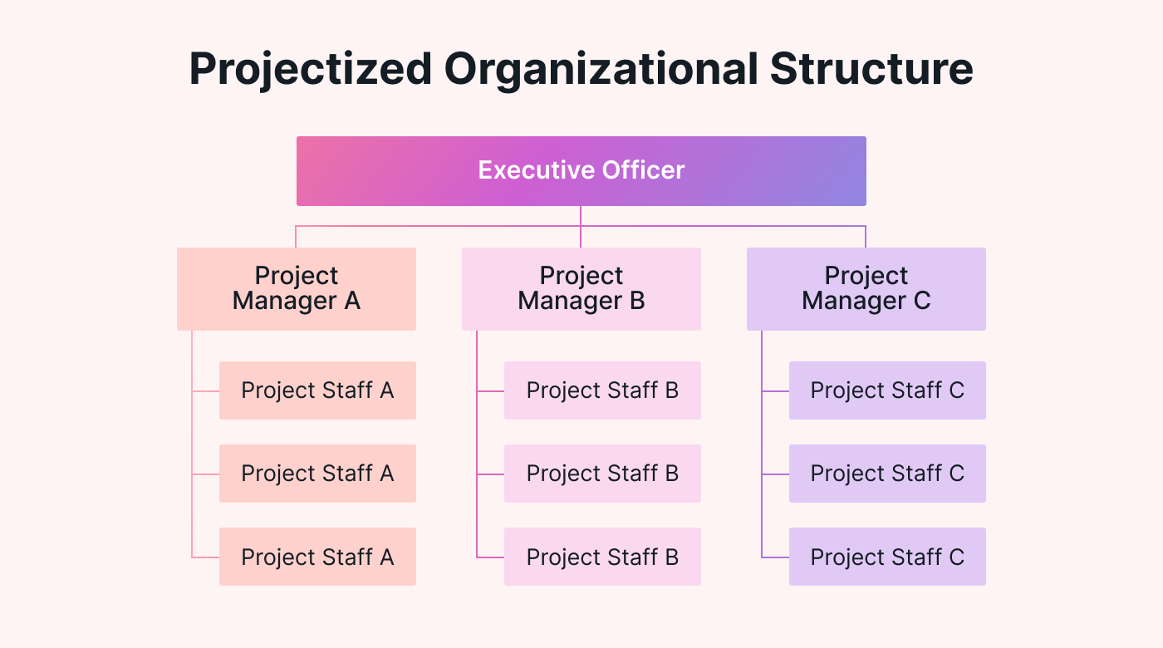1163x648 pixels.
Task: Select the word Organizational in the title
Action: pos(601,68)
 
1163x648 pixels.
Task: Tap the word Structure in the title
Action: pos(871,68)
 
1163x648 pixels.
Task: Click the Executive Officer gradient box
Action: pos(581,171)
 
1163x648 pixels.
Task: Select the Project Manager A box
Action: pos(297,289)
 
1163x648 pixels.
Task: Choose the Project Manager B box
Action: pos(581,289)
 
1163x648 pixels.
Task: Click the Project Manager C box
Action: pos(866,289)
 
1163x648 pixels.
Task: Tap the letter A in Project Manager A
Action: pos(351,301)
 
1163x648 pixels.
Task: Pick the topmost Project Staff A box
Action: pos(317,390)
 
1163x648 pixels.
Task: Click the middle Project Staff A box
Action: pos(317,474)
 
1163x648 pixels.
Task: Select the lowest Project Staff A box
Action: pos(317,557)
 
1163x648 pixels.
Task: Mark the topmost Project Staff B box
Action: pos(602,390)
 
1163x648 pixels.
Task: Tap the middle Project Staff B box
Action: pos(602,474)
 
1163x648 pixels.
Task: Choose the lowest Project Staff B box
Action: pos(602,557)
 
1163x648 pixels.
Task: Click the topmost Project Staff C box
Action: pos(887,390)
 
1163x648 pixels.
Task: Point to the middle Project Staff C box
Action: pos(887,474)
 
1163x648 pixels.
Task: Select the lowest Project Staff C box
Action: pos(887,557)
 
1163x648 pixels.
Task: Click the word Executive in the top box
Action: pos(528,170)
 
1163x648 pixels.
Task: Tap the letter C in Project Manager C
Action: pos(921,301)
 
